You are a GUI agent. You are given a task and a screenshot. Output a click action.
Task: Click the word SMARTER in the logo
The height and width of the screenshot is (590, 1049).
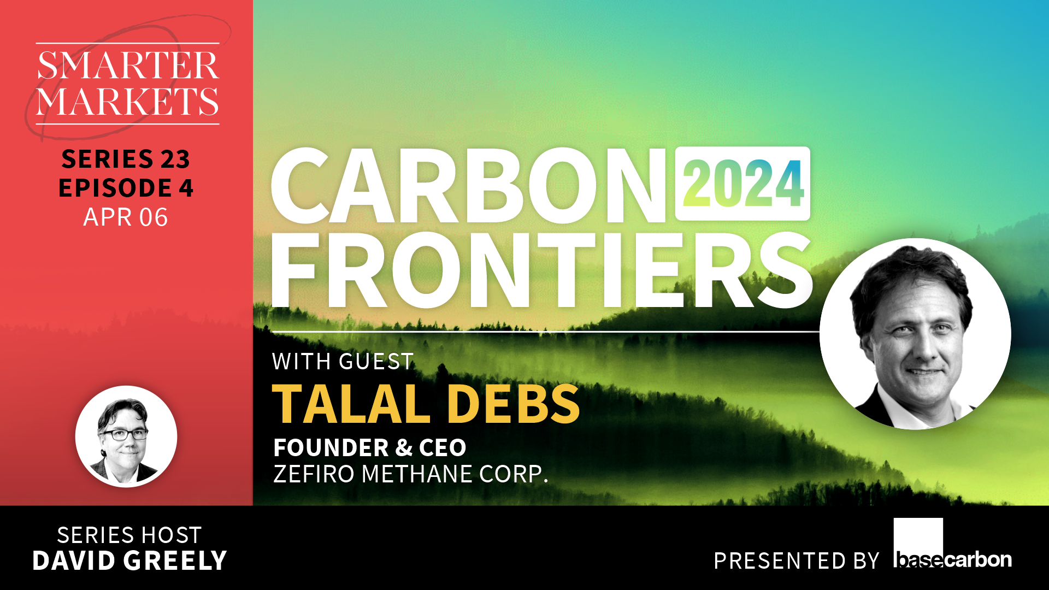coord(128,66)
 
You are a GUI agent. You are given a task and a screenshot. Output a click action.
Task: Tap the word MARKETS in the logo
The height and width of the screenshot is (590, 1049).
coord(128,102)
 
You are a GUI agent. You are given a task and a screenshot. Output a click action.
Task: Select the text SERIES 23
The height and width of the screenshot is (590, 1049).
coord(126,159)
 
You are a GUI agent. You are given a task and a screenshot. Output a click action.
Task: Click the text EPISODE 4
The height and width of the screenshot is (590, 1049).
coord(126,188)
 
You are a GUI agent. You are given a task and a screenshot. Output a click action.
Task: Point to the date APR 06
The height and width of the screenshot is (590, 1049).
coord(126,217)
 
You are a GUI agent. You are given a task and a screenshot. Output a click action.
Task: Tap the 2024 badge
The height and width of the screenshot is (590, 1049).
coord(743,184)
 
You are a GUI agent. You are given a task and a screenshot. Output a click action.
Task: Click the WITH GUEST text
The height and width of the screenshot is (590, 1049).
coord(343,362)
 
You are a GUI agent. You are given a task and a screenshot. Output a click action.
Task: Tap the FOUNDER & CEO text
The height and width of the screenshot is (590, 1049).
coord(370,448)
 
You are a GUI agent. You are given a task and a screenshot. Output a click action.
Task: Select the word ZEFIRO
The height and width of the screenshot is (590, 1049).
coord(314,474)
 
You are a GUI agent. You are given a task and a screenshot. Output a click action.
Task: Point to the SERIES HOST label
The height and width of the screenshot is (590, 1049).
coord(129,535)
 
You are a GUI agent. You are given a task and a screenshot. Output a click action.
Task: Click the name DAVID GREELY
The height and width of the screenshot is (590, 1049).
coord(129,561)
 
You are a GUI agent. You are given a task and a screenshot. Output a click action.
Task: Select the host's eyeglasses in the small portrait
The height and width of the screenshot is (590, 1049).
coord(125,435)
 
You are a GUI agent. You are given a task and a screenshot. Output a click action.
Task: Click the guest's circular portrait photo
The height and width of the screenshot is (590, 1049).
coord(915,334)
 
